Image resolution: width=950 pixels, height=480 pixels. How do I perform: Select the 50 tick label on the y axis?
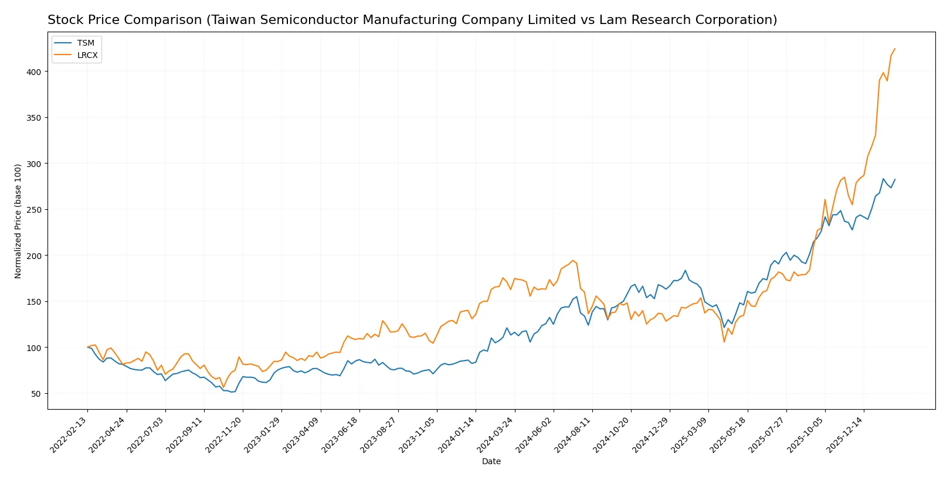click(36, 394)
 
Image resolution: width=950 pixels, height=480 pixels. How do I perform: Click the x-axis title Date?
click(491, 462)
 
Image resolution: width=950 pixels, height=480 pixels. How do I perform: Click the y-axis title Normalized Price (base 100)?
click(18, 221)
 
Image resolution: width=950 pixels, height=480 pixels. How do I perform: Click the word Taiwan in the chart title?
click(230, 20)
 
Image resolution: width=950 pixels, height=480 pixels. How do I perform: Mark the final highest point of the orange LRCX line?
click(895, 49)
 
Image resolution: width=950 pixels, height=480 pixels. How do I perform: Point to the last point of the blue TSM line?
click(895, 179)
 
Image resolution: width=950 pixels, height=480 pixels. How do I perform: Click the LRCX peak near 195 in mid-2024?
click(573, 260)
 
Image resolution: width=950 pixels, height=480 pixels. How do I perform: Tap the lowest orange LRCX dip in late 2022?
click(223, 387)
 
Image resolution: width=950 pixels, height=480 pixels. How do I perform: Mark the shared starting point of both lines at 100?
click(87, 348)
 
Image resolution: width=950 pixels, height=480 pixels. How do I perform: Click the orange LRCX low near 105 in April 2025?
click(724, 342)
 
